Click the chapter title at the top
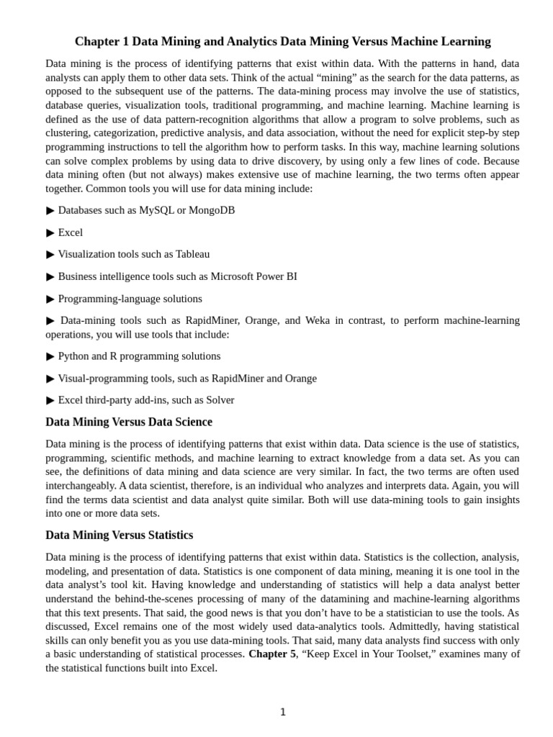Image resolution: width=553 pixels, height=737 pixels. (282, 41)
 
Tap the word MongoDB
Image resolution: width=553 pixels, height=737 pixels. (212, 210)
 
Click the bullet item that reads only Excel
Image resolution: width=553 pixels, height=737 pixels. (70, 232)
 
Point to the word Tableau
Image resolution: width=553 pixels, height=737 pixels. (192, 254)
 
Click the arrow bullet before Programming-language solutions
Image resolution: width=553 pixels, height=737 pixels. (50, 299)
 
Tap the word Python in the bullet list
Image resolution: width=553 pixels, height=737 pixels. (74, 356)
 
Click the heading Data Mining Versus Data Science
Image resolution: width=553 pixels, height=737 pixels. (129, 422)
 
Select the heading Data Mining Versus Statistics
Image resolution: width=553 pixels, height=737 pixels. (120, 535)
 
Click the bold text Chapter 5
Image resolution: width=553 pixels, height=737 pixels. (271, 654)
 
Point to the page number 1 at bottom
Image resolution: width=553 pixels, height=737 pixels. (283, 713)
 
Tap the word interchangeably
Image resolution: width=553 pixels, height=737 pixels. (81, 486)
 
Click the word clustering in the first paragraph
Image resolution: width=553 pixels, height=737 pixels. (68, 133)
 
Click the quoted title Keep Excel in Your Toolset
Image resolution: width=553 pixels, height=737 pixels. (365, 654)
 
